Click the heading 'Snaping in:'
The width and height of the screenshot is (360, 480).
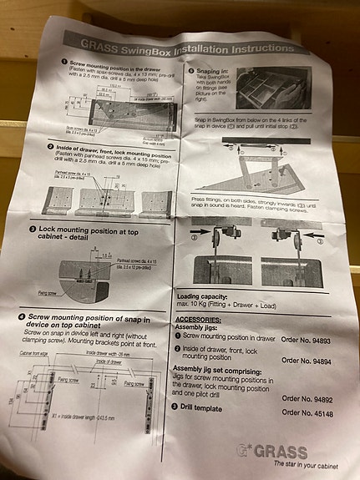pyautogui.click(x=220, y=72)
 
